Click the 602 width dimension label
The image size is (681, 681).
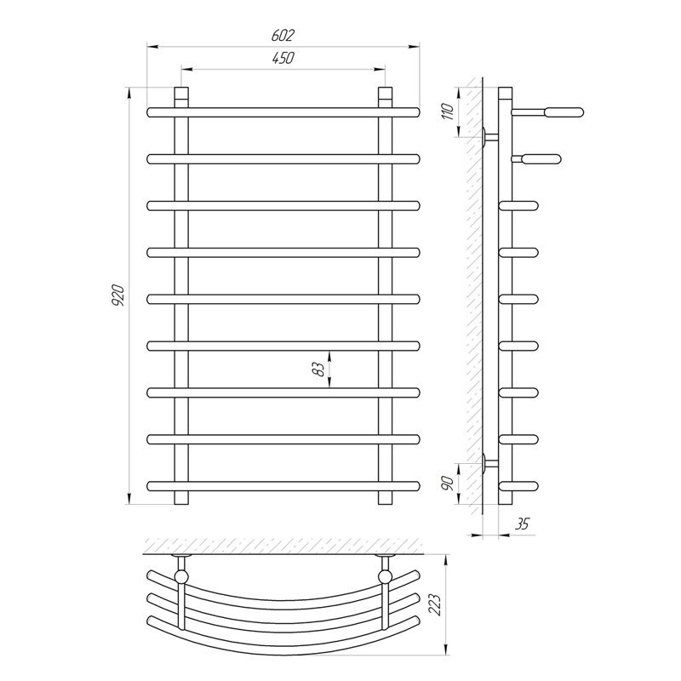pos(283,35)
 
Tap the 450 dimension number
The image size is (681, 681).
pos(283,58)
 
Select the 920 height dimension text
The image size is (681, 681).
pos(118,295)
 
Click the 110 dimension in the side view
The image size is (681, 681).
pos(449,112)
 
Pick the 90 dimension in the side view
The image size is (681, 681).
pos(449,483)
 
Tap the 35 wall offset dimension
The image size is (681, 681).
pos(522,524)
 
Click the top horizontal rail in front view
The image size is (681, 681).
pos(283,112)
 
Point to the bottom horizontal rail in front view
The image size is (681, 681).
pos(283,486)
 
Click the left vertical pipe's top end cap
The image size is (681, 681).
pos(181,94)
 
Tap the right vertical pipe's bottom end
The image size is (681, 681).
pos(386,498)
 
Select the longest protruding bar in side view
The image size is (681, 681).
pos(547,112)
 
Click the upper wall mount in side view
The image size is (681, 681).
pos(490,137)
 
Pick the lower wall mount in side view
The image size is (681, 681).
pos(490,463)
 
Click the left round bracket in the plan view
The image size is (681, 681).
pos(181,577)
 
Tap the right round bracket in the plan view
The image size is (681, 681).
pos(386,577)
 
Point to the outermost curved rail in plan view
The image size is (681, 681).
pos(283,643)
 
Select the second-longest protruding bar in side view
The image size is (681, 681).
pos(536,159)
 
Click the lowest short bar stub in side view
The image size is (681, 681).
pos(519,486)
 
